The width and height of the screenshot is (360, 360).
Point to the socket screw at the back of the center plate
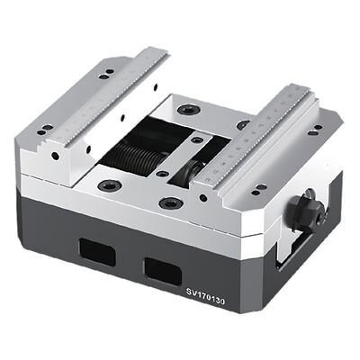pyautogui.click(x=187, y=109)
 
